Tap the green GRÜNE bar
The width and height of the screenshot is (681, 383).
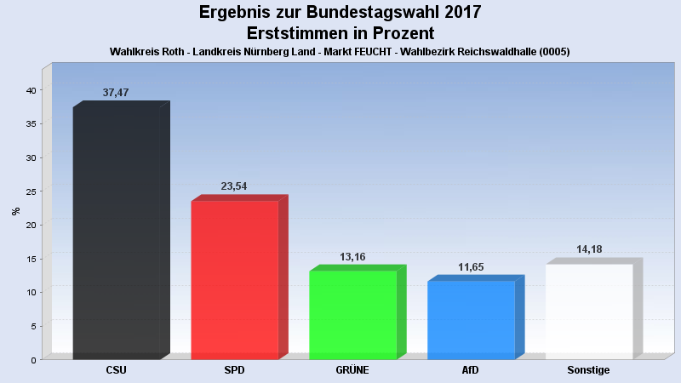click(x=352, y=314)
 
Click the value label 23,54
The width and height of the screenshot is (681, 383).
click(x=233, y=186)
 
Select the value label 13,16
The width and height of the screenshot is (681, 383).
click(x=352, y=256)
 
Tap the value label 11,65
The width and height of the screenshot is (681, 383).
click(x=470, y=267)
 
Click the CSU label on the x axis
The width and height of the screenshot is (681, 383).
click(x=117, y=370)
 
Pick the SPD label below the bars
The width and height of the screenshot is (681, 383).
click(x=234, y=370)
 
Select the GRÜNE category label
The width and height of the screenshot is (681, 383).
click(x=352, y=370)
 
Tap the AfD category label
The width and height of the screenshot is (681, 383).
click(x=471, y=370)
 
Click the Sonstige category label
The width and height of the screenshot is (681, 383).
click(x=588, y=370)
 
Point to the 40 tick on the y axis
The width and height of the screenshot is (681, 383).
click(x=30, y=90)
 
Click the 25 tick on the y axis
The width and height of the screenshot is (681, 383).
click(x=30, y=191)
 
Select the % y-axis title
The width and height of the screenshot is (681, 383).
click(x=15, y=210)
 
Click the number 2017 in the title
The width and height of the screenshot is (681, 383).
click(x=460, y=13)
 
